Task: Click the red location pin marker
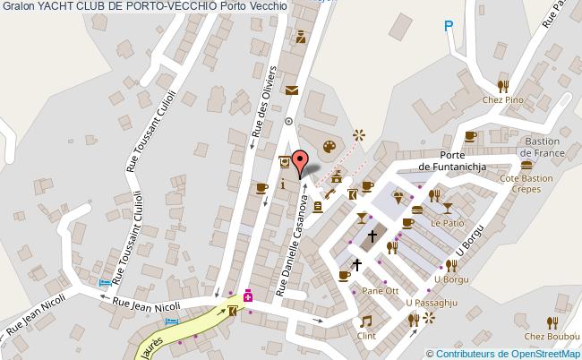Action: [x=302, y=160]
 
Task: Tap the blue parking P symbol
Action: [x=449, y=29]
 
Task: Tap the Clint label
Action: [x=365, y=336]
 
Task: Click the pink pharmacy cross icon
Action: [x=248, y=296]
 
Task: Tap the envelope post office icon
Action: [x=292, y=89]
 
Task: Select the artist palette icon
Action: [x=329, y=145]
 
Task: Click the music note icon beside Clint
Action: [x=365, y=321]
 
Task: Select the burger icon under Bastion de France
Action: [x=526, y=165]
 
